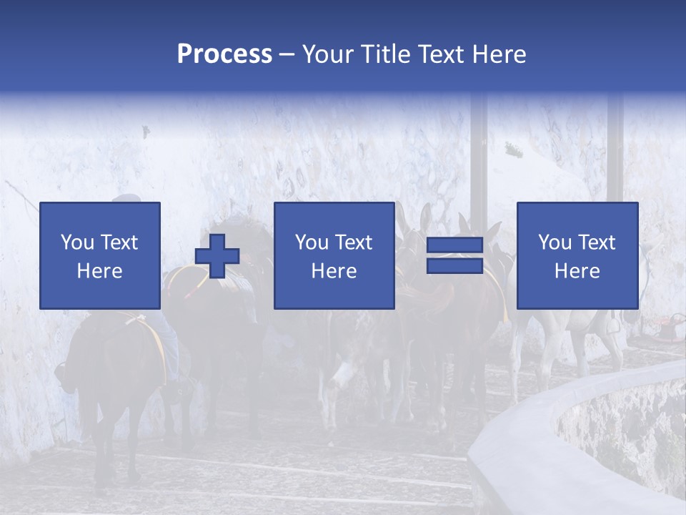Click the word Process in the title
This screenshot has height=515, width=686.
coord(224,54)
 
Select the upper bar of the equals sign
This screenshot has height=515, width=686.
coord(454,245)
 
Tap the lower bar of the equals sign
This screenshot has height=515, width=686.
coord(454,266)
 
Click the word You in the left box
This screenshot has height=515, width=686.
coord(76,242)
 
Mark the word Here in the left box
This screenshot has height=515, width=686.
coord(99,271)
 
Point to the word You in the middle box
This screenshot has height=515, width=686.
coord(312,242)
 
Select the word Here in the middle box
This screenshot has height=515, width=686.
coord(334,271)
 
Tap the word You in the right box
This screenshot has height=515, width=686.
coord(555,242)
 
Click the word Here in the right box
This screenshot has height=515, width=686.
coord(577,271)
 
